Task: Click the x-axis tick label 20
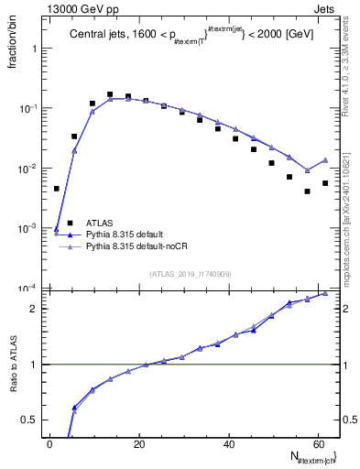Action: (x=139, y=444)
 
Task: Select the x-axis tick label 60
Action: (x=317, y=444)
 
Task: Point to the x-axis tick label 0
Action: (x=50, y=444)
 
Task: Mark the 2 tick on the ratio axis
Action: (x=34, y=308)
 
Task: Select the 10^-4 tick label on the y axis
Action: (x=27, y=288)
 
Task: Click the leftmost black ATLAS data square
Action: (x=56, y=189)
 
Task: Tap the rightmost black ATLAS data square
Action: (x=325, y=183)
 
